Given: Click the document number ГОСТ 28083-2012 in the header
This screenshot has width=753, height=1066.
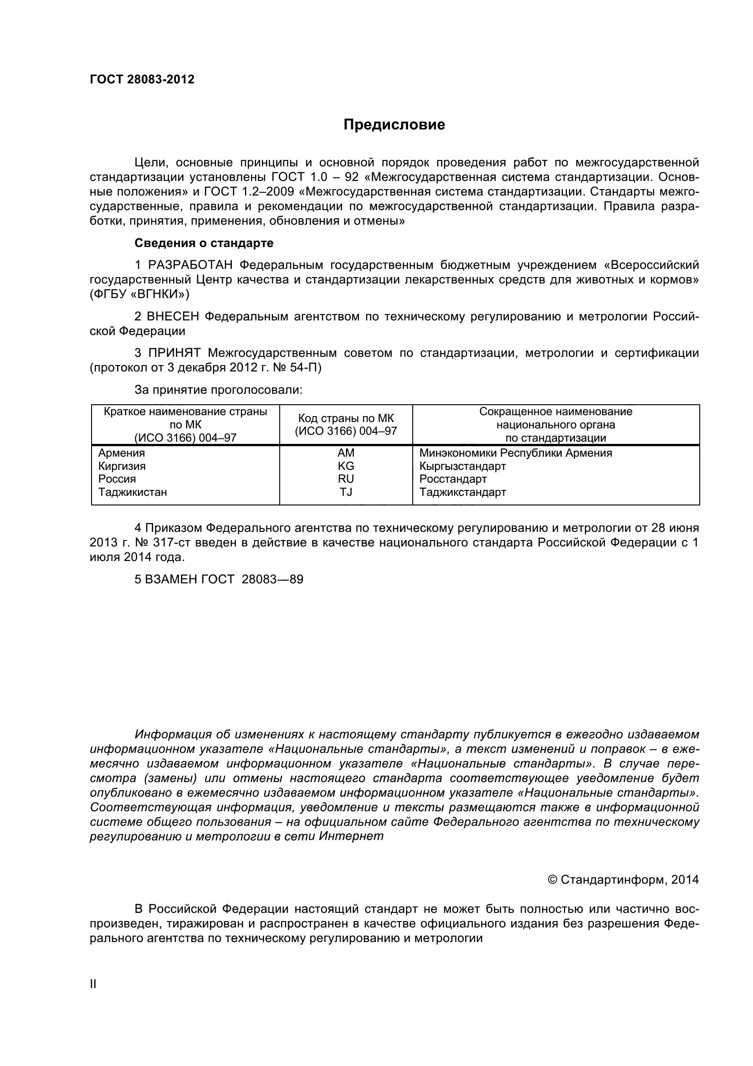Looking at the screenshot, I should pos(142,79).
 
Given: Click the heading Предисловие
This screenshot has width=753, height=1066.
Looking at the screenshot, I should pos(394,124).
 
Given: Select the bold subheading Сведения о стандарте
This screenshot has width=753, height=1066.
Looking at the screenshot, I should pos(204,243).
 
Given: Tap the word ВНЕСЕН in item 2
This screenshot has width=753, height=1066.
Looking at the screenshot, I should pos(173,317).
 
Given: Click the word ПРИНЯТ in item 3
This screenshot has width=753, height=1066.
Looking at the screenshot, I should pos(174,353).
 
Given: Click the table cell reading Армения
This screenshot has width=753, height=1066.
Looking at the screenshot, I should pos(122,453).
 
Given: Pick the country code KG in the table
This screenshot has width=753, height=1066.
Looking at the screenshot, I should pos(346,466).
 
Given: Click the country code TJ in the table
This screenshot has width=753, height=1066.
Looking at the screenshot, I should pos(346,492).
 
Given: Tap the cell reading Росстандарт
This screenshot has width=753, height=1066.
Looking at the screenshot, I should pos(453,479).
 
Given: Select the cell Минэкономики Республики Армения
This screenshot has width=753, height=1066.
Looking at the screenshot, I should pos(516,453).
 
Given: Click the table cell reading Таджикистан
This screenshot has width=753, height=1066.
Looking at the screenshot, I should pos(133,492).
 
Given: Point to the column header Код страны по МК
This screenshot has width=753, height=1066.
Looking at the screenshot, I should pos(346,418).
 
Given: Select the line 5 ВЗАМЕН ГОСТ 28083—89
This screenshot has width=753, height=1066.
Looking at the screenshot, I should pos(219,579).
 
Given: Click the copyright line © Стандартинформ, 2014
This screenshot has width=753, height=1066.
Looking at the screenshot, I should pos(623,879).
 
